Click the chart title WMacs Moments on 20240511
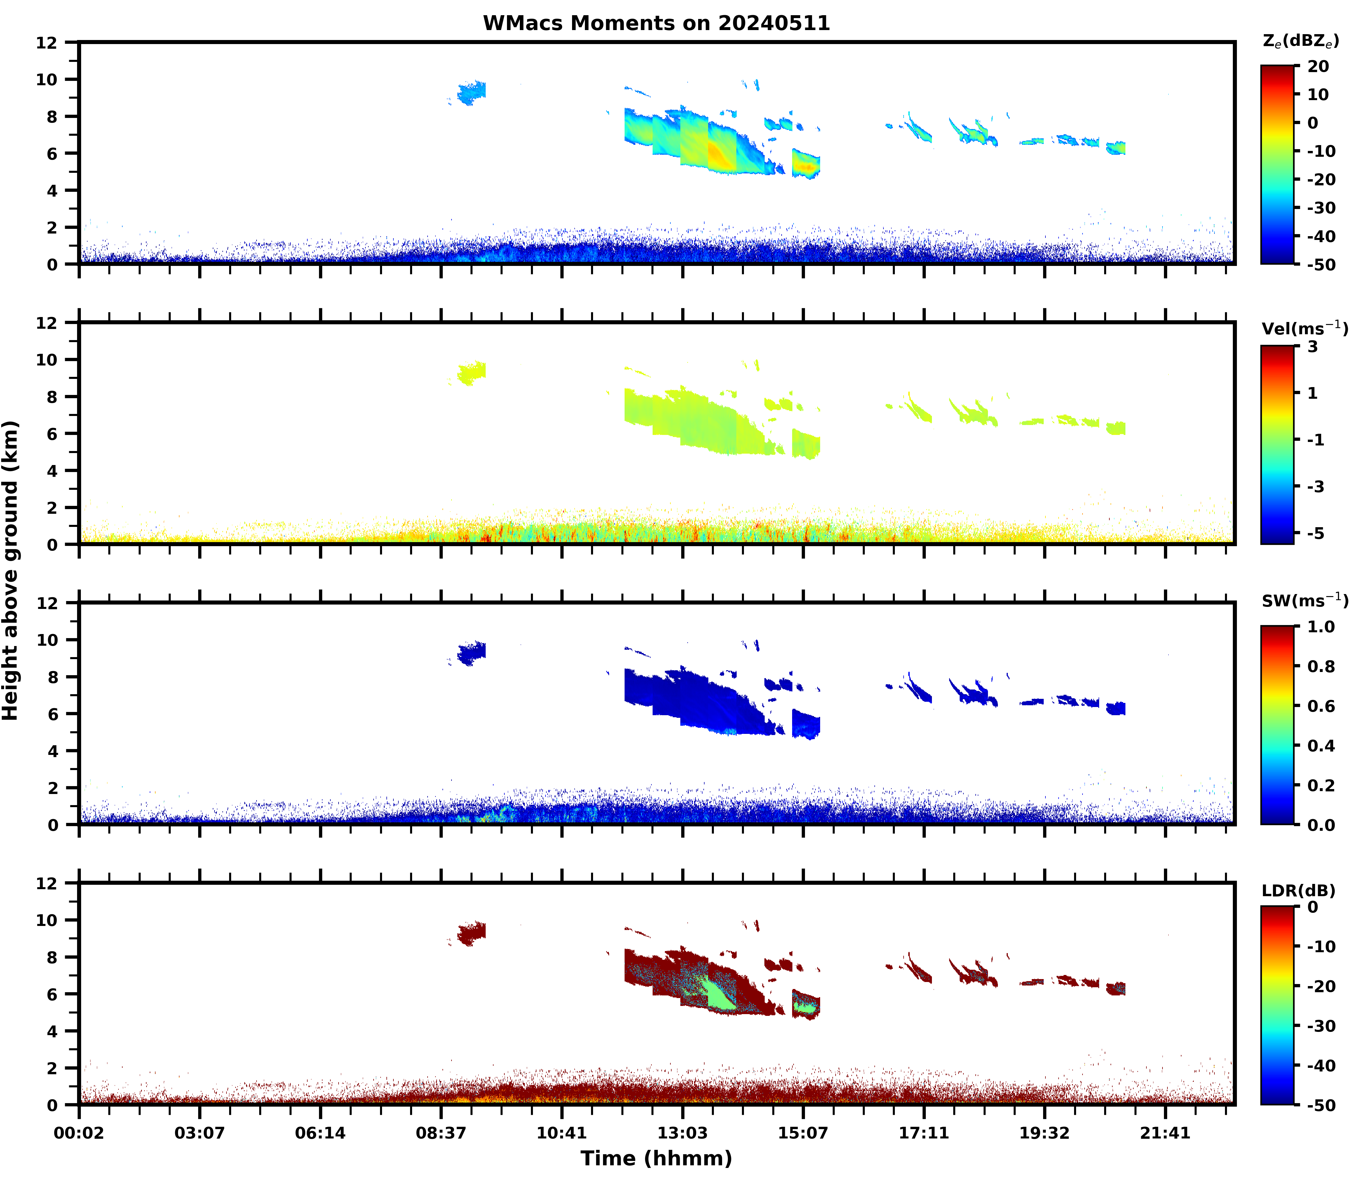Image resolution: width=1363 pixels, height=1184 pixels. click(x=656, y=23)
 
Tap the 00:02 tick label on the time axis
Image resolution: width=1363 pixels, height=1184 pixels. click(x=79, y=1133)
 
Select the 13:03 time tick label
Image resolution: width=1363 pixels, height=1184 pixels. click(x=682, y=1133)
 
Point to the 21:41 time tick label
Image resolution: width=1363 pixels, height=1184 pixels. click(x=1165, y=1133)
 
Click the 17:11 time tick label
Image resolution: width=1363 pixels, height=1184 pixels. click(x=924, y=1133)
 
